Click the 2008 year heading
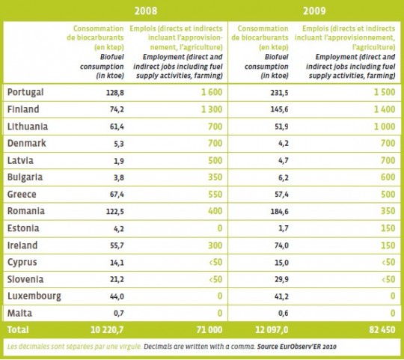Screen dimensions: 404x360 click(x=146, y=10)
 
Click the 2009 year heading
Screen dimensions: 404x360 click(x=314, y=10)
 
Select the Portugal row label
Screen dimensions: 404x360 click(x=25, y=92)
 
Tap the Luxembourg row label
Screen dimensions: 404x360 click(x=34, y=296)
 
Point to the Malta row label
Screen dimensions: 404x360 click(x=20, y=313)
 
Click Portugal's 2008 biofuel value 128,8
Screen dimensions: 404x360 click(x=115, y=93)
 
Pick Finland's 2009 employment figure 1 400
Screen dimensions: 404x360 click(x=385, y=109)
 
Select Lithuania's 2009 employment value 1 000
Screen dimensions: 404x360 click(x=385, y=126)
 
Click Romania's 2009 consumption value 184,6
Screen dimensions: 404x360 click(x=279, y=212)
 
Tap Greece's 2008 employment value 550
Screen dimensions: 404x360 click(x=215, y=194)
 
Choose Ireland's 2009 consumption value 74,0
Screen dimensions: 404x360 click(x=281, y=245)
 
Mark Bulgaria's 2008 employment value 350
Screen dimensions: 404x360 click(x=215, y=177)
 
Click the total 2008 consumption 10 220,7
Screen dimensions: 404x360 click(x=107, y=330)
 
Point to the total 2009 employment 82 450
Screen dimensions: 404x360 click(x=382, y=330)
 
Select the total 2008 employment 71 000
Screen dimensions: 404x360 click(x=209, y=330)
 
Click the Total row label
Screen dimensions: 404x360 click(x=18, y=330)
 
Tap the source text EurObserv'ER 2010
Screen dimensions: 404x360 click(x=297, y=347)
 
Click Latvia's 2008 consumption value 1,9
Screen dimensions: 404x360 click(x=119, y=161)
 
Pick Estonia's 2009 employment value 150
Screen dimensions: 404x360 click(x=388, y=228)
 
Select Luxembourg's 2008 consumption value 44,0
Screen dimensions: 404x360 click(x=117, y=296)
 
